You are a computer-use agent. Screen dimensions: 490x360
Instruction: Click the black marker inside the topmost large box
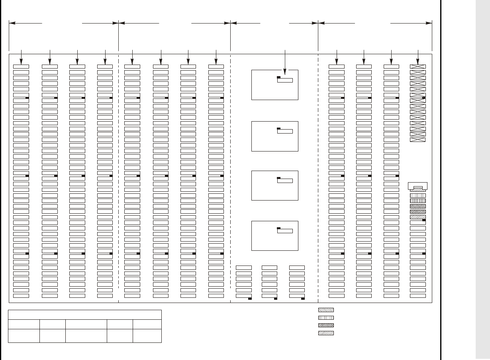279,77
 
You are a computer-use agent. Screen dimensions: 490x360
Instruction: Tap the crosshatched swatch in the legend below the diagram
326,325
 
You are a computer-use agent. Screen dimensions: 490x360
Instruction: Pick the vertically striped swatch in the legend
326,318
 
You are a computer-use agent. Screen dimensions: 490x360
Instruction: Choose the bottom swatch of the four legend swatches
326,333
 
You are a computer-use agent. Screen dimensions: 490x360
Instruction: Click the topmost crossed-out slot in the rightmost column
418,67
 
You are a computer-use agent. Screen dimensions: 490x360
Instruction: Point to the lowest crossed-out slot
418,140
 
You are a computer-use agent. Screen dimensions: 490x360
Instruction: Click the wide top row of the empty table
85,315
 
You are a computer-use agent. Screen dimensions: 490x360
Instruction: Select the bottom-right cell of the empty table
147,336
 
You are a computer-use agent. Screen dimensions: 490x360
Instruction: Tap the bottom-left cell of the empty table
24,336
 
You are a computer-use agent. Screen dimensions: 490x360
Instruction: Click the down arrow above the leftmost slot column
21,57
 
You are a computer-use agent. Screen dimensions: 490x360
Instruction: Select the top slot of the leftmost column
21,67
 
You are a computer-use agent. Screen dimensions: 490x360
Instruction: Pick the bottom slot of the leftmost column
21,296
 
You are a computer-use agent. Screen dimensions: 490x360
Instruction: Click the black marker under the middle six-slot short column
276,298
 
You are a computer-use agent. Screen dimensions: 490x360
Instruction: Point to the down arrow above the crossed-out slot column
418,57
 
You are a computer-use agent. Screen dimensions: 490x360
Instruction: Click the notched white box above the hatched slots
418,185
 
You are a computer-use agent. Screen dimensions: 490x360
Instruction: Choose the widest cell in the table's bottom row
86,336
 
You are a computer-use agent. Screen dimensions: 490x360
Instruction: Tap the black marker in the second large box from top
279,128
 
